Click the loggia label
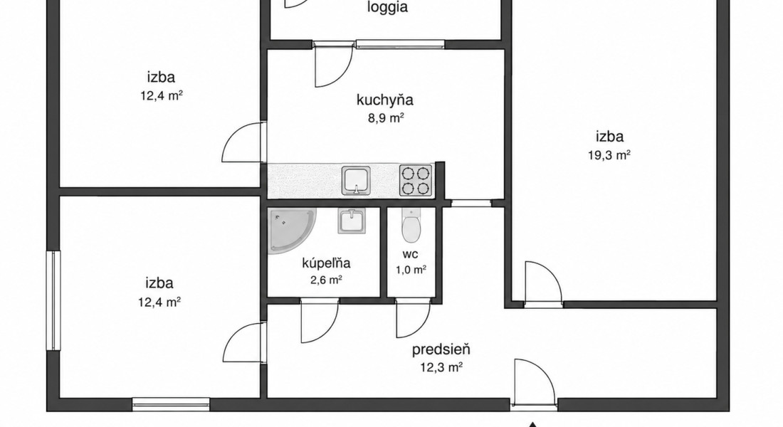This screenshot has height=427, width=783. coord(387,8)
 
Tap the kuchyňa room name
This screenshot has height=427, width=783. coord(385,100)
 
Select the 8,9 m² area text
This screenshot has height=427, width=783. coord(386,118)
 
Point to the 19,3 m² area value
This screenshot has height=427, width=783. coord(609,155)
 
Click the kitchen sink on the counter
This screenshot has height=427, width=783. coord(357,180)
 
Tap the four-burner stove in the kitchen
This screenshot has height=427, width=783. coord(416,180)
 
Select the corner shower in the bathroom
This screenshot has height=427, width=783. coord(292,231)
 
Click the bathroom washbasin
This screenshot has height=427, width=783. coord(352,221)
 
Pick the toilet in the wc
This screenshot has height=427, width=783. coord(411,225)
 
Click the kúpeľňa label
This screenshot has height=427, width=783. coord(326,263)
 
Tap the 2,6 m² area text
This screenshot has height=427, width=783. coord(326,280)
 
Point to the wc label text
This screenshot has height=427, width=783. coord(411,254)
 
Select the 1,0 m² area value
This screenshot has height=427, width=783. coord(411,270)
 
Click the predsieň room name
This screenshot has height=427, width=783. coord(441,349)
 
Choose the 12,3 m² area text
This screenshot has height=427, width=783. coord(441,367)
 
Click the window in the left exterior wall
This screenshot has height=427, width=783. coord(53,300)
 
